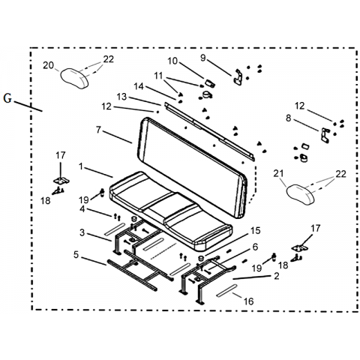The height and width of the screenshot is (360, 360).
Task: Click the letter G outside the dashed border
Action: [x=7, y=98]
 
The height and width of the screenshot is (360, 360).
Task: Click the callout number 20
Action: [x=48, y=65]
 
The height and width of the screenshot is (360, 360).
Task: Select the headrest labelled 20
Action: [x=74, y=79]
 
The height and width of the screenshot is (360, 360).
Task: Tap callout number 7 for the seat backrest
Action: [x=98, y=130]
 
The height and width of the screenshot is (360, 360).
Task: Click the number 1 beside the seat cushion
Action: [x=80, y=166]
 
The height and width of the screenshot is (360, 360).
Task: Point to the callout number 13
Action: [x=121, y=97]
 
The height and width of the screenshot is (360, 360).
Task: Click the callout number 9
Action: [x=202, y=58]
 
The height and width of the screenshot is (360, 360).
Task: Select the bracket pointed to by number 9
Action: [x=238, y=78]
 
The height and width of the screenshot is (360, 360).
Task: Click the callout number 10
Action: [x=172, y=61]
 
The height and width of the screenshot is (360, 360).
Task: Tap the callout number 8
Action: [x=289, y=118]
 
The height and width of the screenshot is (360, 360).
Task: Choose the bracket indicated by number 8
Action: [x=325, y=135]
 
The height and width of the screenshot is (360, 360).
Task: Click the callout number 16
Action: [x=248, y=301]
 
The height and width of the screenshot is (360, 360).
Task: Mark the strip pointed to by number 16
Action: [x=226, y=290]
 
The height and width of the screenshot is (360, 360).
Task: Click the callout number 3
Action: [x=82, y=232]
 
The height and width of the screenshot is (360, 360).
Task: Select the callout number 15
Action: [x=255, y=230]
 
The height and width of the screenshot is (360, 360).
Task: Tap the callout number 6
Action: [x=255, y=247]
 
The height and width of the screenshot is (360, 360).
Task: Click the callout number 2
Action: [x=277, y=276]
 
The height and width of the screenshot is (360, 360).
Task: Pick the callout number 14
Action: [x=139, y=86]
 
